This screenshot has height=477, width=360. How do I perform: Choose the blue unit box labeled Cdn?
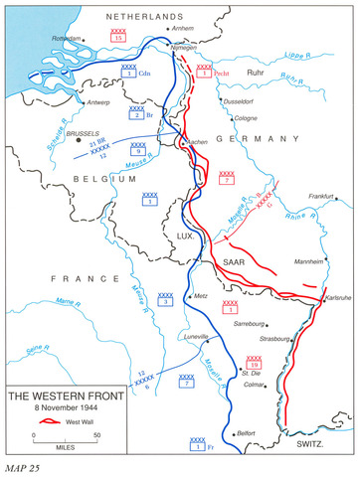pyautogui.click(x=130, y=71)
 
